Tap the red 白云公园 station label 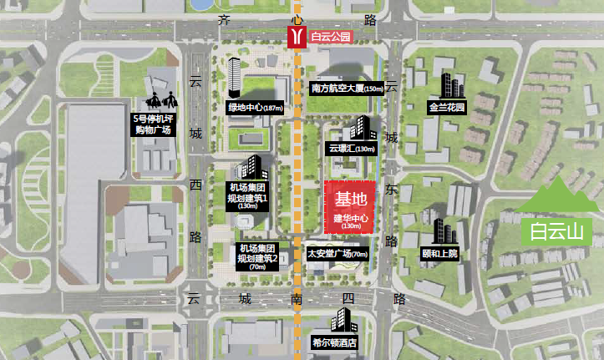(x=332, y=38)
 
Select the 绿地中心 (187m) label (x=256, y=107)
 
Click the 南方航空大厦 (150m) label (x=347, y=88)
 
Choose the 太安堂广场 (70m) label (x=338, y=254)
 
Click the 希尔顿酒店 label (x=335, y=342)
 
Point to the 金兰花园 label (x=446, y=108)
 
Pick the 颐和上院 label (x=440, y=253)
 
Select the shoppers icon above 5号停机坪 (x=162, y=92)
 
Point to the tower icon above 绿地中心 (x=235, y=78)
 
